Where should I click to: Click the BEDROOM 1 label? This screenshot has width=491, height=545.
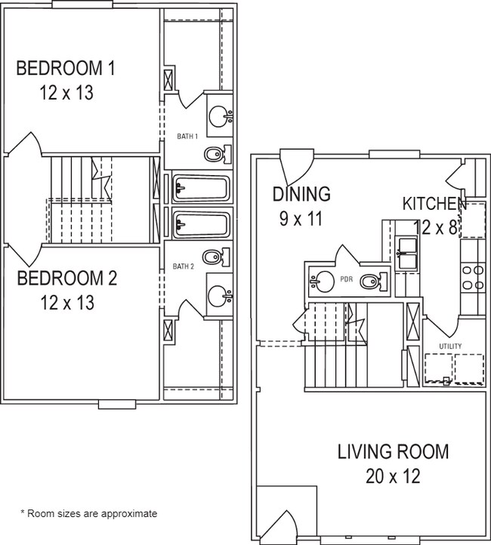[66, 69]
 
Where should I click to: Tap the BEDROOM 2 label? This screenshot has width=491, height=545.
[67, 279]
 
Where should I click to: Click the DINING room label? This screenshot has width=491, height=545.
[301, 194]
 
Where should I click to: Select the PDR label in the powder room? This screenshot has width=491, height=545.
[347, 279]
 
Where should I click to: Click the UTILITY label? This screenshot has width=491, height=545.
[450, 346]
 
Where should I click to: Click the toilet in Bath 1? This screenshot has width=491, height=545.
[215, 155]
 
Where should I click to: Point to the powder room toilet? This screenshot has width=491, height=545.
[372, 282]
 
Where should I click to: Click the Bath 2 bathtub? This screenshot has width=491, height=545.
[200, 223]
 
